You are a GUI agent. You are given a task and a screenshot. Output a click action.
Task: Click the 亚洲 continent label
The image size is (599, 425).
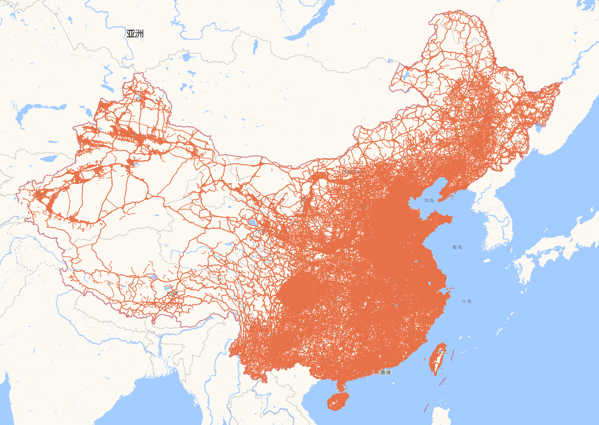[135, 34]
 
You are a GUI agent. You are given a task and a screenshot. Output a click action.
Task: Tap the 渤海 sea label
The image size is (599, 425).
[429, 201]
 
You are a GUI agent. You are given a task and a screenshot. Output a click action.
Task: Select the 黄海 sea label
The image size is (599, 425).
[457, 247]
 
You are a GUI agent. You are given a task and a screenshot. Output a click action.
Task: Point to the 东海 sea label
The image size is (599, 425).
[466, 301]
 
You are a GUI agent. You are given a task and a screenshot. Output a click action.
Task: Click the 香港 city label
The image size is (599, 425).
[385, 372]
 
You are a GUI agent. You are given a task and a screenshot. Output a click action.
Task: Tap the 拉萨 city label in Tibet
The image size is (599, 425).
[172, 294]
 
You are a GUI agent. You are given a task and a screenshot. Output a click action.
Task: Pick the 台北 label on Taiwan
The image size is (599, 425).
[442, 352]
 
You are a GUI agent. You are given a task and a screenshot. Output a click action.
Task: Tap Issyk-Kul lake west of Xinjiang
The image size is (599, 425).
[49, 159]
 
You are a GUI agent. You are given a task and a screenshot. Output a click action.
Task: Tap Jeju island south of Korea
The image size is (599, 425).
[487, 261]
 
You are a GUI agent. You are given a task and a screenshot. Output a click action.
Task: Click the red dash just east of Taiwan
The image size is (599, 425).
[453, 355]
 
